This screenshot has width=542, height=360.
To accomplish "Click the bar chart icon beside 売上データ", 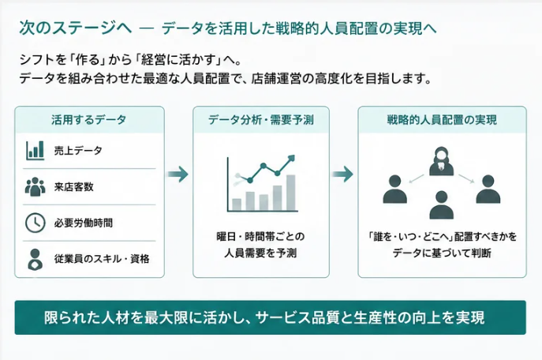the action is point(36,151).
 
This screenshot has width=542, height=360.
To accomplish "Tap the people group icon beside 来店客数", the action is point(36,187).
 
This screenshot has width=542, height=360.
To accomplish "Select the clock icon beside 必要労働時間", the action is point(36,223).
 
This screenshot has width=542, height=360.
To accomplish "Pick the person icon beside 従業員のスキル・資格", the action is point(36,260).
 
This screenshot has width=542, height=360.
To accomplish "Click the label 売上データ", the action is point(78,151).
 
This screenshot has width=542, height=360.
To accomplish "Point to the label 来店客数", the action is point(74,187).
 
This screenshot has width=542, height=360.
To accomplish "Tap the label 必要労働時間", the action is point(84,223).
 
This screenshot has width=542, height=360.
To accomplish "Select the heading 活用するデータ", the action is point(89,120).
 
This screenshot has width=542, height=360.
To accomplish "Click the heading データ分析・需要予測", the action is point(261,120).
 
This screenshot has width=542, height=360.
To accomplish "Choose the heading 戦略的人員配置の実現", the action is point(442,120).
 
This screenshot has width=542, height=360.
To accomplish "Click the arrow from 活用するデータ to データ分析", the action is point(178,174).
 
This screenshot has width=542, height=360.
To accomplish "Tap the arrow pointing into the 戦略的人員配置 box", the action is point(343,174).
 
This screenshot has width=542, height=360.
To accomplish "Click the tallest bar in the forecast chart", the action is point(291,193).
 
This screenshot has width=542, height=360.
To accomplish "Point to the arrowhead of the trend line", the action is point(292,158).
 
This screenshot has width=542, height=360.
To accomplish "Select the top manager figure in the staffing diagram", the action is point(442,161).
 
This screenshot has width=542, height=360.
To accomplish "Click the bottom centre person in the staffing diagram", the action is point(442,205).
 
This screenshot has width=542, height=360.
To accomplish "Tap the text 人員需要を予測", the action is point(260,253).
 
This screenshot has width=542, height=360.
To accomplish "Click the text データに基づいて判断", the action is point(442,253).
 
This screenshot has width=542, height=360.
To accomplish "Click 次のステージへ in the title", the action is point(76,28).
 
